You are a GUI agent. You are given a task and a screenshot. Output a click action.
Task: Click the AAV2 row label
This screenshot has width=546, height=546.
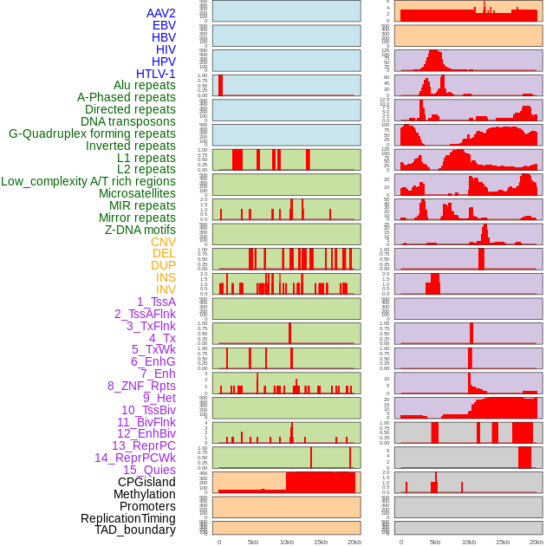160,14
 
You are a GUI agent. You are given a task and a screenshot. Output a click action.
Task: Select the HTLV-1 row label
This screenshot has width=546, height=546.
155,74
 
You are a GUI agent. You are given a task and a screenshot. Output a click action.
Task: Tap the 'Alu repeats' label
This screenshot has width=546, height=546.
145,86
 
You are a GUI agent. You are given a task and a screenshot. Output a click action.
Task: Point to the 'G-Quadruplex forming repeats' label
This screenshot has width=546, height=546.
92,133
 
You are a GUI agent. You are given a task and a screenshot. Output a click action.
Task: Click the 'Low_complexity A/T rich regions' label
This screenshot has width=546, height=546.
88,181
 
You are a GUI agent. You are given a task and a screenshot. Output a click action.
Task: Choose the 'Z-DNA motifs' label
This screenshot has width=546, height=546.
140,230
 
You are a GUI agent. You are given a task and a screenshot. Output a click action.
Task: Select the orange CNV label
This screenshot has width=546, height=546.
163,242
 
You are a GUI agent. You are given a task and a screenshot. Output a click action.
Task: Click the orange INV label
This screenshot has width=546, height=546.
166,289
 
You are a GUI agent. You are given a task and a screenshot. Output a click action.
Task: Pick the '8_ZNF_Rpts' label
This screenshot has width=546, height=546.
141,386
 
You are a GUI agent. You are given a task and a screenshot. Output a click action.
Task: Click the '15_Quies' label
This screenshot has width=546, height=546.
149,470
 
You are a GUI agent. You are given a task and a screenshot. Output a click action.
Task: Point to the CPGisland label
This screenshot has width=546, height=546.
146,482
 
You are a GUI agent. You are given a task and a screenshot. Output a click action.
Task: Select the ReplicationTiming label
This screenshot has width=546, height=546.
127,518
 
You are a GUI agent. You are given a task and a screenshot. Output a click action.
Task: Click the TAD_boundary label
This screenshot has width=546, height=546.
134,530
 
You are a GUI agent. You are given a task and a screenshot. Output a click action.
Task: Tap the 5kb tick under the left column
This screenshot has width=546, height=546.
253,542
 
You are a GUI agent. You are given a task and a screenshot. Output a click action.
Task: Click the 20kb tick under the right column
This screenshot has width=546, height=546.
536,542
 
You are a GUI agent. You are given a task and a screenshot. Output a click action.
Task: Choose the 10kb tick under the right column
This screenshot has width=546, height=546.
469,542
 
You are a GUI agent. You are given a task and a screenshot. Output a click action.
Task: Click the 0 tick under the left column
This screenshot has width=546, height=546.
218,542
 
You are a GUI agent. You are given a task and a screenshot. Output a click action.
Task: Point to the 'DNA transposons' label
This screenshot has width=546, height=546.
128,121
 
